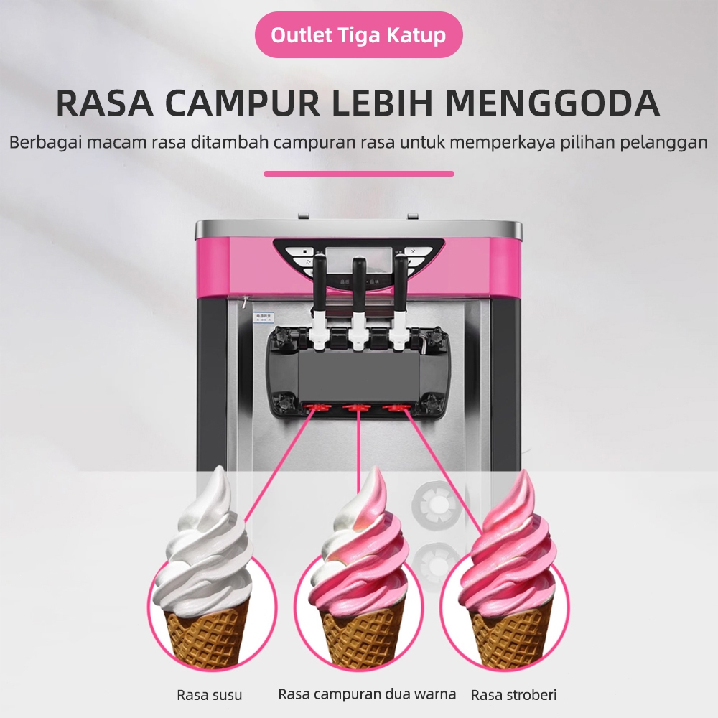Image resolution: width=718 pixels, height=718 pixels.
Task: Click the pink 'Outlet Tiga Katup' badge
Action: point(359,34)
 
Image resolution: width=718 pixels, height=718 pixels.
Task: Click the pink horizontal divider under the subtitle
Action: point(359,173)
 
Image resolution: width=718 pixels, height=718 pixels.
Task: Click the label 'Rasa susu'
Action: point(210,695)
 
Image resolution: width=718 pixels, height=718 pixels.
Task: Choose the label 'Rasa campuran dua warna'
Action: point(367,694)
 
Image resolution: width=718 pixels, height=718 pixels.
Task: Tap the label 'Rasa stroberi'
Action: point(513,695)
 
